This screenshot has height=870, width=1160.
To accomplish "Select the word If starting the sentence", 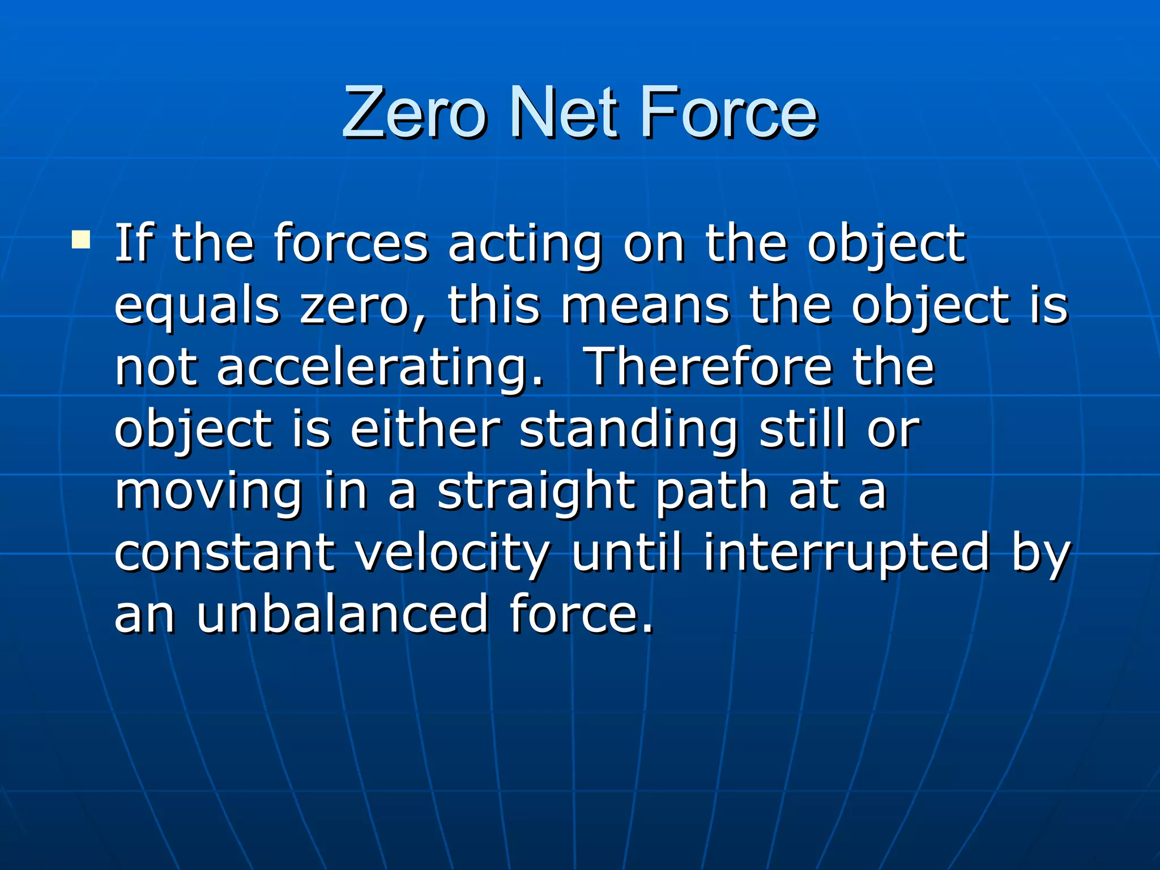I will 134,244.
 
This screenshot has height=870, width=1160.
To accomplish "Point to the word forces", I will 351,244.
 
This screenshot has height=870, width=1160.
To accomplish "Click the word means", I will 645,306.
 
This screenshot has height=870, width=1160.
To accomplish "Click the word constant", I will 224,553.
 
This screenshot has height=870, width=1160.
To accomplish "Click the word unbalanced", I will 342,615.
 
